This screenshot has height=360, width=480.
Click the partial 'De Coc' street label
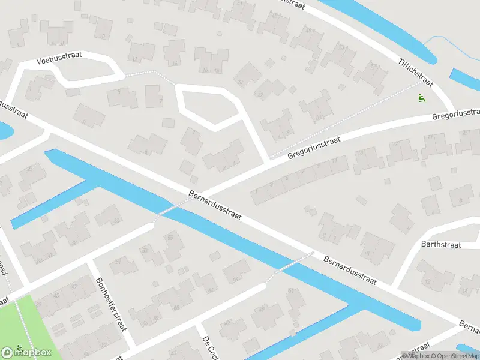[x=209, y=349]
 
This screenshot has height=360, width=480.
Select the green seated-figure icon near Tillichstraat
[x=421, y=98]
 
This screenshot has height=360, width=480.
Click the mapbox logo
[x=29, y=352]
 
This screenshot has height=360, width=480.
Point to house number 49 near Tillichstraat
[x=309, y=29]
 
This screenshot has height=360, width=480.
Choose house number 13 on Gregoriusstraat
[x=361, y=153]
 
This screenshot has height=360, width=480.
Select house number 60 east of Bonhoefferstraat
[x=176, y=308]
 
